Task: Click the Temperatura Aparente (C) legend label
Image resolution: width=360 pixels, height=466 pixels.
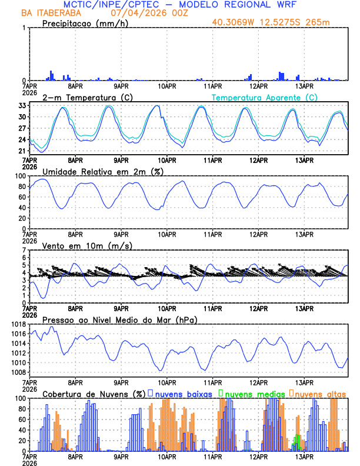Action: click(x=264, y=97)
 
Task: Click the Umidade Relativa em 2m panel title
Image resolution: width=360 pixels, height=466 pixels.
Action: click(x=103, y=171)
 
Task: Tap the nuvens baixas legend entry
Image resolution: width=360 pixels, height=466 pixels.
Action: click(x=182, y=393)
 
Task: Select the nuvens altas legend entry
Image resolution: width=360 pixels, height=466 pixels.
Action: click(x=319, y=393)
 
